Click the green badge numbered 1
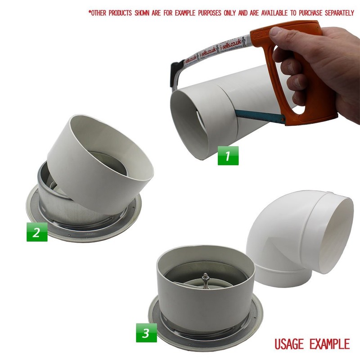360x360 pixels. pos(228,156)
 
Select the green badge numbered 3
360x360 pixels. pos(146,333)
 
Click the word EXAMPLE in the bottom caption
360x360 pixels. pos(329,344)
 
